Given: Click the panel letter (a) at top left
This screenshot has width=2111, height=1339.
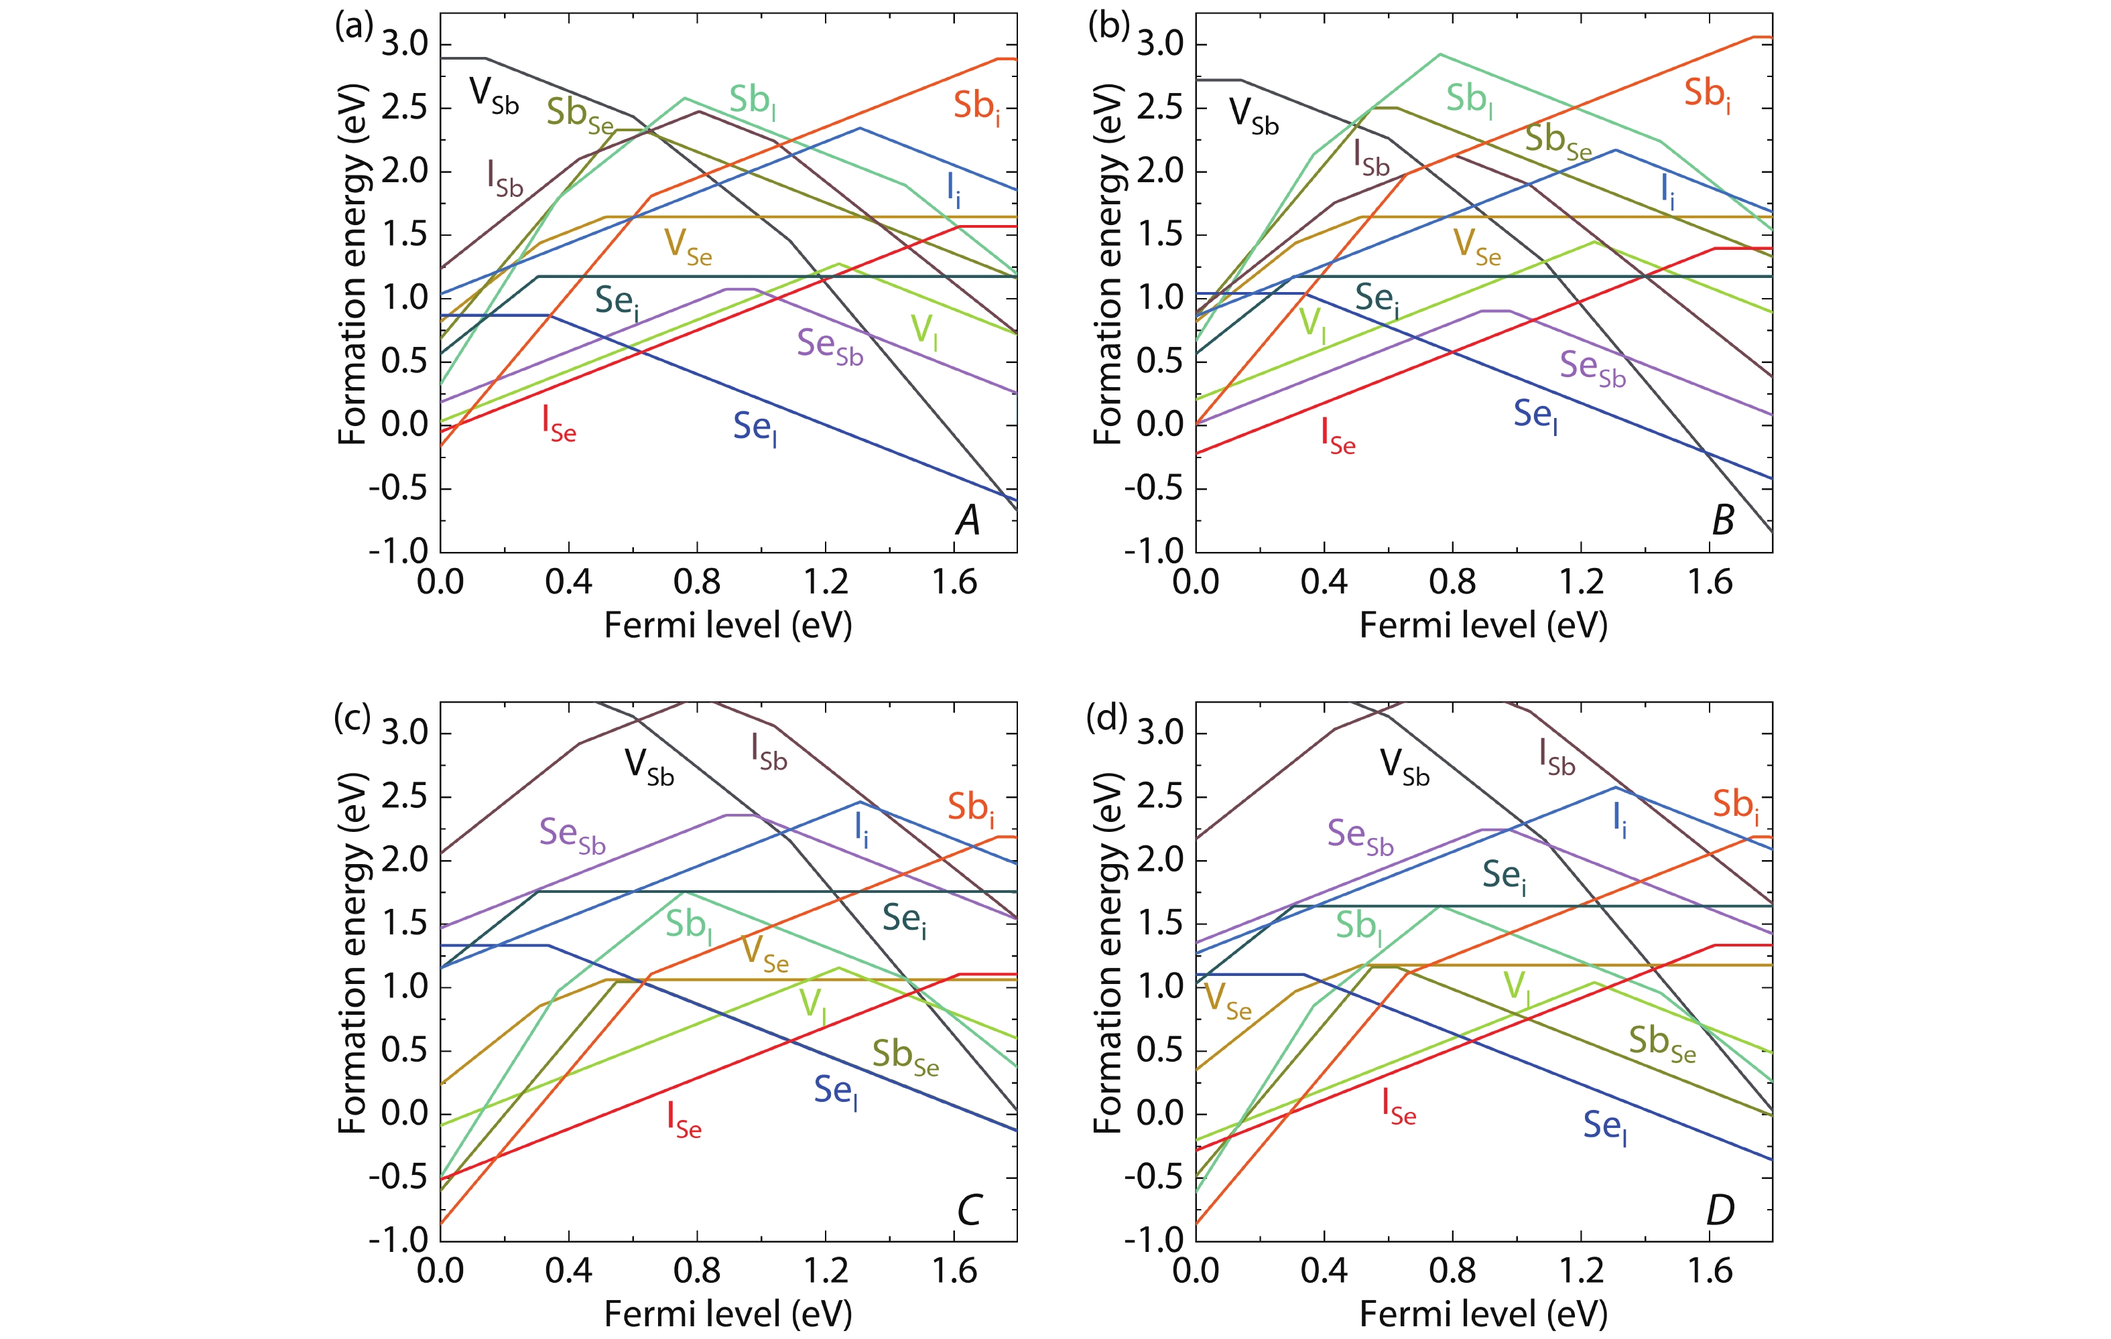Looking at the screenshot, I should tap(354, 26).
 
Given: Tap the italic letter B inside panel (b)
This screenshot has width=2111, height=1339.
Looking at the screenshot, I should tap(1722, 520).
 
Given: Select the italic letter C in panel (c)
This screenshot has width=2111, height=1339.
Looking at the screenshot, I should tap(968, 1210).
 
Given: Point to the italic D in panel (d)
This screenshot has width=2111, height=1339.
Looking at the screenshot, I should tap(1720, 1210).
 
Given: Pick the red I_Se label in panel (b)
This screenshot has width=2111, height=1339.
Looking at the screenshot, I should tap(1338, 435).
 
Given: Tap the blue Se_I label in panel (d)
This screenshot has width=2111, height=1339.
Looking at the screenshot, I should tap(1604, 1126).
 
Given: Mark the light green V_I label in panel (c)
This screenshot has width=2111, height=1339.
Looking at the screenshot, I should tap(813, 1004).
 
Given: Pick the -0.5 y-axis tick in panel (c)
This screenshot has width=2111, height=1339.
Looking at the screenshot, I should tap(398, 1177).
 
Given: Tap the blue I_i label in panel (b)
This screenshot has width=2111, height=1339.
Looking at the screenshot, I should tap(1667, 190).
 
